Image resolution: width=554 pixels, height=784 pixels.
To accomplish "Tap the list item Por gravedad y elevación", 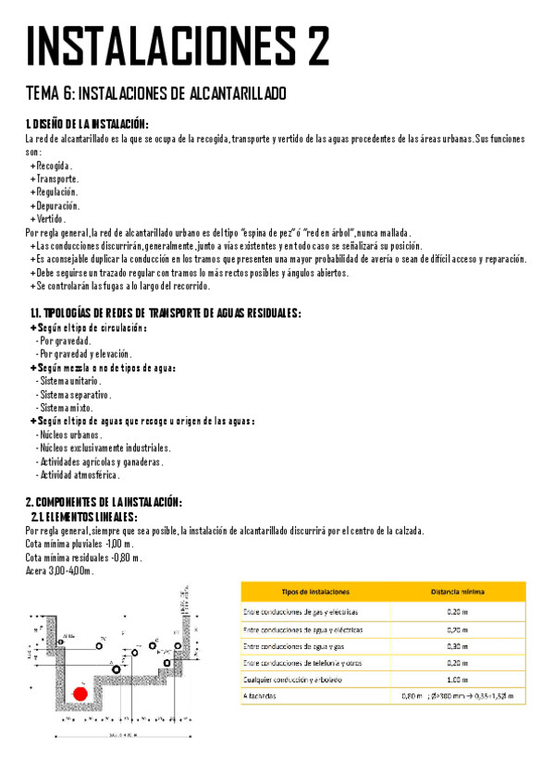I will [84, 354].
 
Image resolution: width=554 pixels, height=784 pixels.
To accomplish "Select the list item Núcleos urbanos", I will [69, 435].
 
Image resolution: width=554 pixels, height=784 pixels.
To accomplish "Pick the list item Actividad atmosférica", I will [78, 474].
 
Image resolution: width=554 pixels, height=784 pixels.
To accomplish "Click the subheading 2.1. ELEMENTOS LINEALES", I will [84, 517].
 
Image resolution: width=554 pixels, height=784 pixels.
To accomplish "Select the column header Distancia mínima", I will [459, 591].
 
